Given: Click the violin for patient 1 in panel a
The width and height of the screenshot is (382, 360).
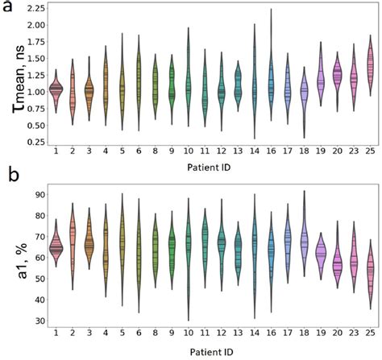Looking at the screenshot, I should coord(56,89).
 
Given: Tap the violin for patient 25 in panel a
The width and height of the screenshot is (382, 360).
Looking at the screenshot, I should coord(370,64).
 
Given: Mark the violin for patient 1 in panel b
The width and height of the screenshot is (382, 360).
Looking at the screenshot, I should coord(56,247).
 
